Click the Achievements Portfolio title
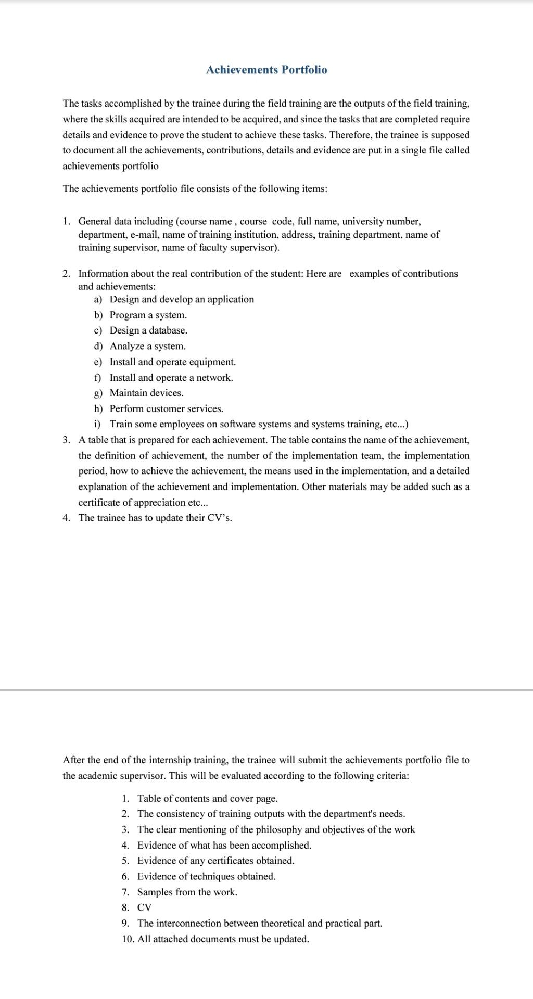(266, 70)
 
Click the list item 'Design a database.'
(148, 330)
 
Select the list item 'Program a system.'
(148, 315)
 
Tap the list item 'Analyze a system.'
(147, 346)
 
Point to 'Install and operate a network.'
(171, 378)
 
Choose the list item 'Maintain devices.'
(146, 393)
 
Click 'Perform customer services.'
(166, 409)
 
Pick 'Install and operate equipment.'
(172, 362)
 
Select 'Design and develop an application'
(182, 299)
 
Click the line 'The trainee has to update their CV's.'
(155, 518)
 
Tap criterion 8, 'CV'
(144, 907)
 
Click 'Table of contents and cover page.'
(207, 798)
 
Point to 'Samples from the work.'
(187, 892)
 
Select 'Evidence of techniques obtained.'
(206, 876)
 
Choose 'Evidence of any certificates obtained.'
(215, 861)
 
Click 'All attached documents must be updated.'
(223, 939)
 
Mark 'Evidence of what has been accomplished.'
(224, 845)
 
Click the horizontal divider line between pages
(266, 690)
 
